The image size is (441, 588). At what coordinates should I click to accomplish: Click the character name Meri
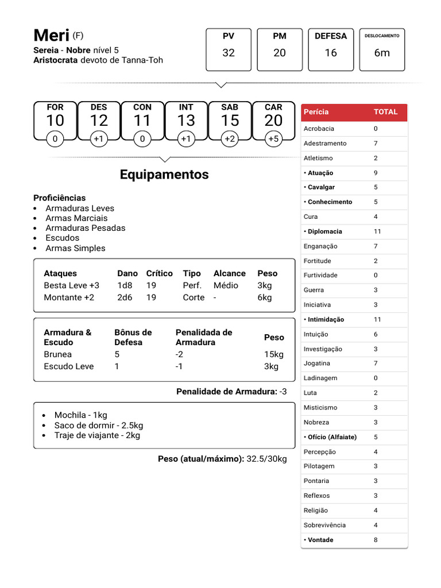(x=52, y=36)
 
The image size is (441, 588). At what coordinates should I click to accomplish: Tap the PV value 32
(x=229, y=53)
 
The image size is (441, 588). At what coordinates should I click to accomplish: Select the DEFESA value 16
(x=331, y=53)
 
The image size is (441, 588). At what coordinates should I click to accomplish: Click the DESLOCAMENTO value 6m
(x=382, y=53)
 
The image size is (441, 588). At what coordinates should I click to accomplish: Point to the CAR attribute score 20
(x=273, y=121)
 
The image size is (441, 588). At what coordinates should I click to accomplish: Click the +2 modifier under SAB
(x=230, y=139)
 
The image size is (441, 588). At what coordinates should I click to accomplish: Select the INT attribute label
(x=186, y=107)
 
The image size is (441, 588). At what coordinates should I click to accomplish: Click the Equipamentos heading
(x=164, y=175)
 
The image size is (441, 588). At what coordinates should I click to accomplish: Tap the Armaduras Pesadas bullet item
(x=85, y=228)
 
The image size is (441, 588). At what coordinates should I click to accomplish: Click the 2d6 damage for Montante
(x=125, y=297)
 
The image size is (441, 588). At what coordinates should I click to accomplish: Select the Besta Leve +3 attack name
(x=71, y=285)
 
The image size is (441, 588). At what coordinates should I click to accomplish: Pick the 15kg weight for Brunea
(x=274, y=354)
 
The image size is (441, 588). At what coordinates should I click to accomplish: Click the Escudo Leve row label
(x=68, y=366)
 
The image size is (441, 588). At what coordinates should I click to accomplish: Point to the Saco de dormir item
(x=98, y=425)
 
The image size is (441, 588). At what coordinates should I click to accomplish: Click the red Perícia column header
(x=316, y=112)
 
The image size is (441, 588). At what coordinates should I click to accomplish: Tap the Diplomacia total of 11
(x=377, y=231)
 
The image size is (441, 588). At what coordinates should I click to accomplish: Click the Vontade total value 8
(x=376, y=540)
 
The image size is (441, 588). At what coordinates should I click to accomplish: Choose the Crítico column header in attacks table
(x=159, y=273)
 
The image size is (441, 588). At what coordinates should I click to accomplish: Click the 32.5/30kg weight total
(x=266, y=459)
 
